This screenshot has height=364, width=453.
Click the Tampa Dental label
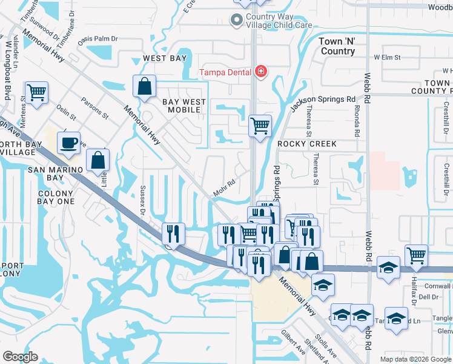226,72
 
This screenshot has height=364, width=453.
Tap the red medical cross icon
261,72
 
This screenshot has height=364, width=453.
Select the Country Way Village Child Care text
279,21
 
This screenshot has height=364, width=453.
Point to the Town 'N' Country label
338,46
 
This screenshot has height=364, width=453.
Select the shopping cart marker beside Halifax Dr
417,255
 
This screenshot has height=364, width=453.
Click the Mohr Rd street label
223,188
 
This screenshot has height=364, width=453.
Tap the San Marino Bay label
55,174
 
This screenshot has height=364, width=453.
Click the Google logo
20,357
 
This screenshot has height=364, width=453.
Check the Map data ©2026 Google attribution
415,359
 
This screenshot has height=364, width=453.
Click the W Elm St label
388,57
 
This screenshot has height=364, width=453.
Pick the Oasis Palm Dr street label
96,39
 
